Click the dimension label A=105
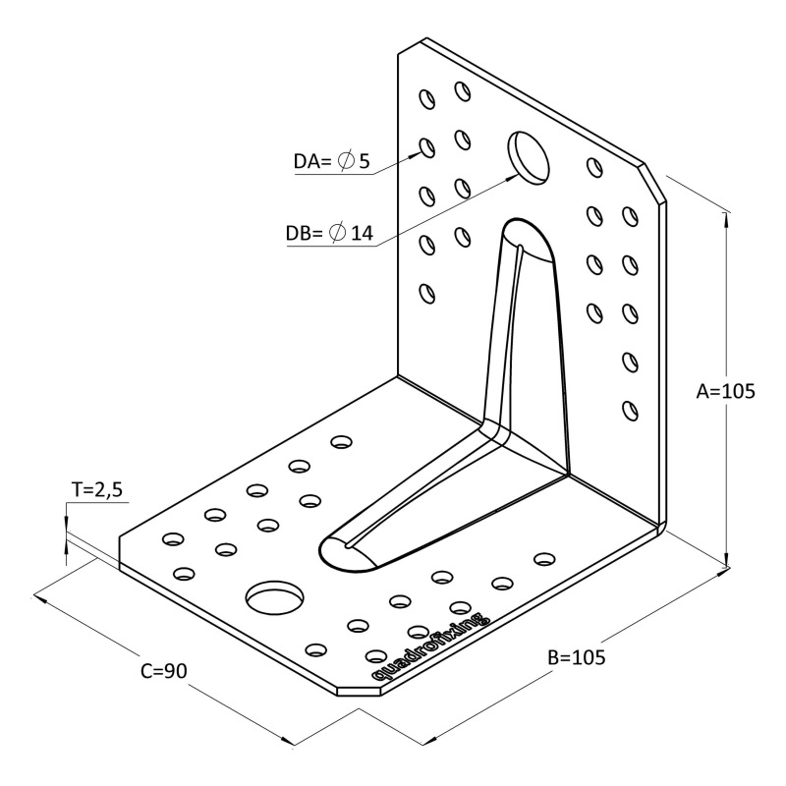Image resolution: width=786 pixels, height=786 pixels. tap(726, 391)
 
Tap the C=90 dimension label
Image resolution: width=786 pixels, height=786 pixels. tap(164, 671)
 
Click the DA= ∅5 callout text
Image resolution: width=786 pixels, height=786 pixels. tap(333, 161)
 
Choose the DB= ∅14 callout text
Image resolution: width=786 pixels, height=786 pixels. tap(329, 234)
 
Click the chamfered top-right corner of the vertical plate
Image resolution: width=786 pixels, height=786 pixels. tap(654, 182)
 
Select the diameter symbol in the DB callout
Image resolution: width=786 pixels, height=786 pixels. tap(337, 234)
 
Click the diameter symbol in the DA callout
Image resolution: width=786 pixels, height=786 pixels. tap(346, 161)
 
